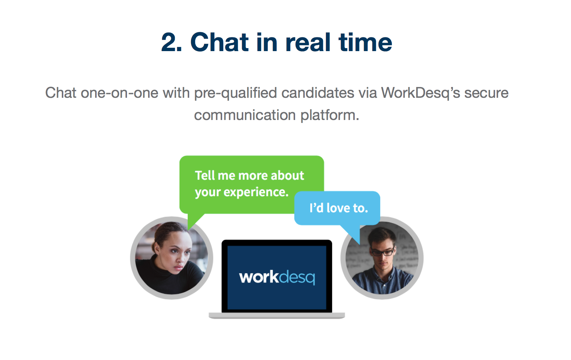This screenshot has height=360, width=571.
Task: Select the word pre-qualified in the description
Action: [236, 93]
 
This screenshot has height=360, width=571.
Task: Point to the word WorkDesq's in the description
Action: [421, 93]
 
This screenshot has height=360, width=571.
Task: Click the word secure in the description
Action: [487, 93]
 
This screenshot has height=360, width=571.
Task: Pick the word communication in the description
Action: [245, 115]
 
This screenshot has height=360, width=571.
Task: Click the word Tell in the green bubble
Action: [205, 175]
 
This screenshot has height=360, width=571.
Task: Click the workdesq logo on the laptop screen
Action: [277, 277]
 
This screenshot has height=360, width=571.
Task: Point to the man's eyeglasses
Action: [383, 252]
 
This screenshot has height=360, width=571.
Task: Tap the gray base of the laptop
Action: [277, 316]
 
